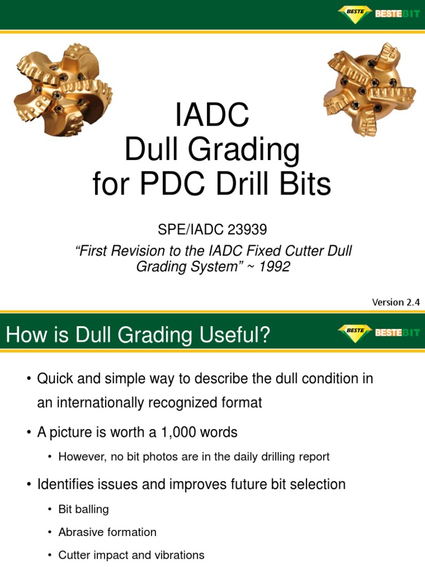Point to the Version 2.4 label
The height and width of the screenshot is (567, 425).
pos(396,302)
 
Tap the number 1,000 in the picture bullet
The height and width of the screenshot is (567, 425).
pos(175,432)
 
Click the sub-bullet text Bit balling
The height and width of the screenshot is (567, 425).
pos(84,509)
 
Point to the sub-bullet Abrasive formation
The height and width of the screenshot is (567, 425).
pos(107,532)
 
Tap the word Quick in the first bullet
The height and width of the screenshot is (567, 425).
pos(54,379)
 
